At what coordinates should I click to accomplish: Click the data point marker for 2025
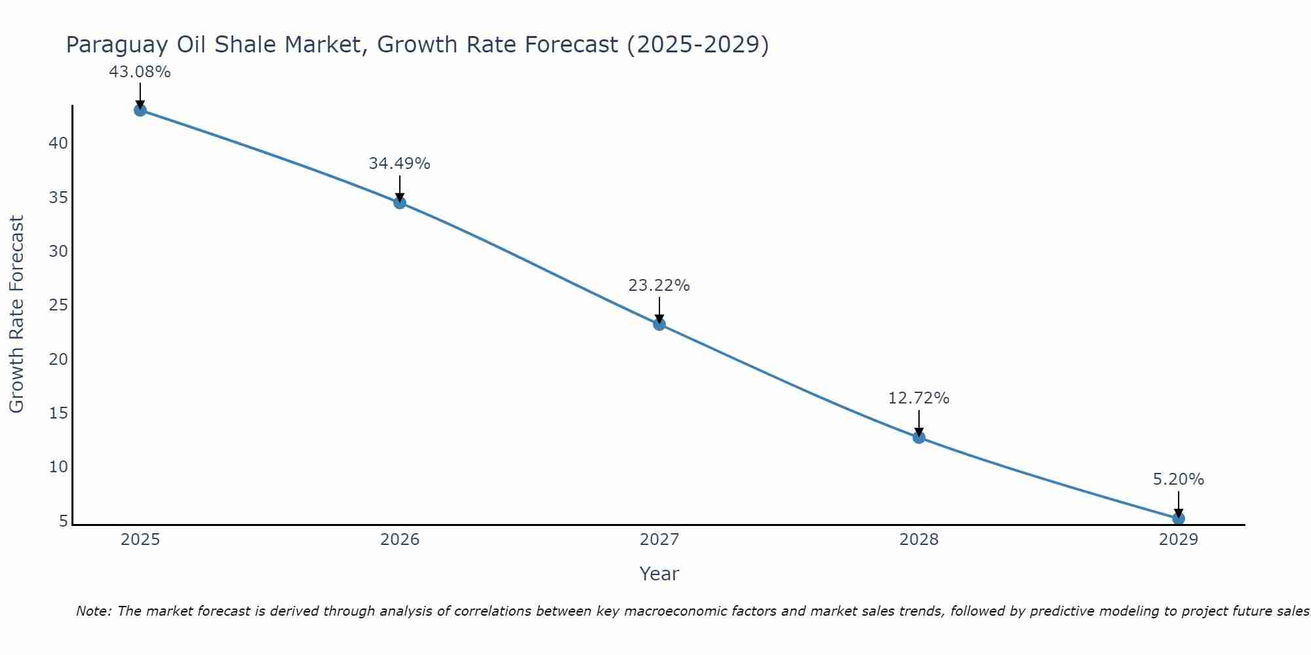(140, 110)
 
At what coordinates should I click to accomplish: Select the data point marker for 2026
(399, 202)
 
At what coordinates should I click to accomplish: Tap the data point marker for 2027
(659, 324)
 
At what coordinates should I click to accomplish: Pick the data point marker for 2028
(918, 437)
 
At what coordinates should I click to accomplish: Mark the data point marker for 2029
(1178, 518)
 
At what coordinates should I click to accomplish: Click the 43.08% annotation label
(140, 72)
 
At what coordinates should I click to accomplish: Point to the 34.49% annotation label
(399, 164)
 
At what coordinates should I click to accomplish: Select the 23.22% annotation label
(659, 286)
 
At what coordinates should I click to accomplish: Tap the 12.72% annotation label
(918, 398)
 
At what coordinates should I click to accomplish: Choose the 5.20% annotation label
(1178, 479)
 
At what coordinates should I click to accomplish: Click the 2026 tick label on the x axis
(400, 540)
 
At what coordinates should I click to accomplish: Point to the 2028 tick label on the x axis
(918, 540)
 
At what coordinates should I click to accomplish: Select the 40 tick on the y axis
(58, 143)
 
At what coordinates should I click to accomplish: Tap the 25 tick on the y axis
(58, 305)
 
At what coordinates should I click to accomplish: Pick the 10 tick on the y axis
(58, 467)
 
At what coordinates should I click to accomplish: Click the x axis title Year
(659, 574)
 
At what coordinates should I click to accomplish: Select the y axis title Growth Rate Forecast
(16, 314)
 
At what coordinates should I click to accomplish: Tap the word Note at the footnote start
(94, 611)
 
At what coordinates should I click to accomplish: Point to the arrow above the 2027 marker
(659, 309)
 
